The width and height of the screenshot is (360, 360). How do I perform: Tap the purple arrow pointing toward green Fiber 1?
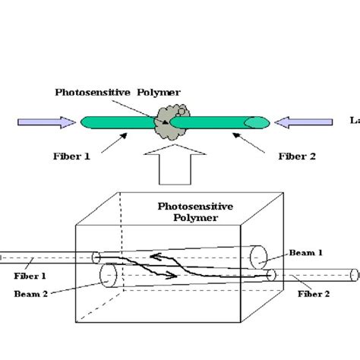coord(46,122)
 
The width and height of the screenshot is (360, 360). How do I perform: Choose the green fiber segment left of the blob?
coord(118,122)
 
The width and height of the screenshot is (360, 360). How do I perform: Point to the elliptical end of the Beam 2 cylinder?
coord(106,274)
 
